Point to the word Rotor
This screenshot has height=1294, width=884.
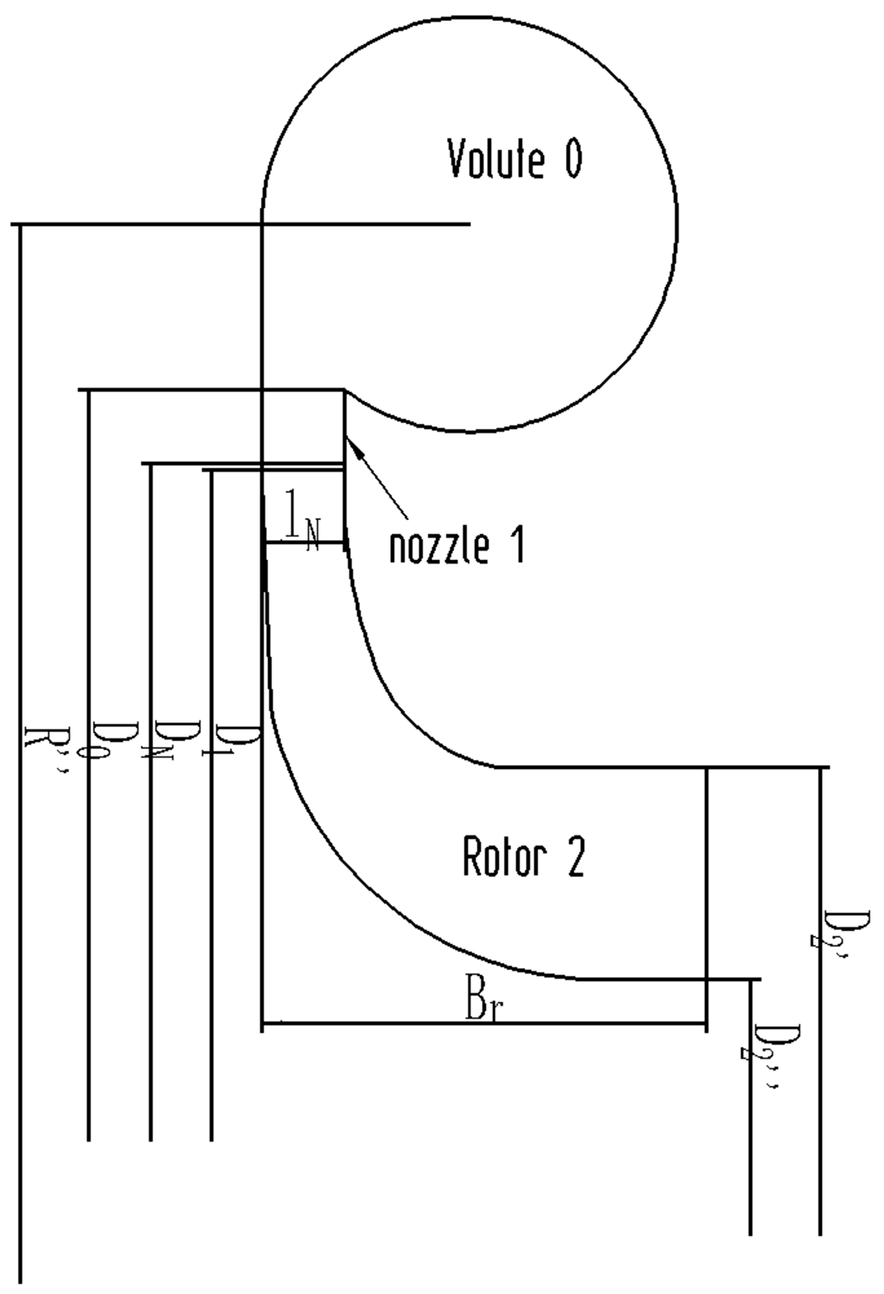(x=503, y=858)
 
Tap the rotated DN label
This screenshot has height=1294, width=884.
(x=170, y=741)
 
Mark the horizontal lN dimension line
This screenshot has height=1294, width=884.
(x=303, y=542)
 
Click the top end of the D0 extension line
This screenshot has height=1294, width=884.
(x=88, y=391)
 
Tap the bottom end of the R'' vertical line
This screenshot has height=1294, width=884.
(x=21, y=1281)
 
